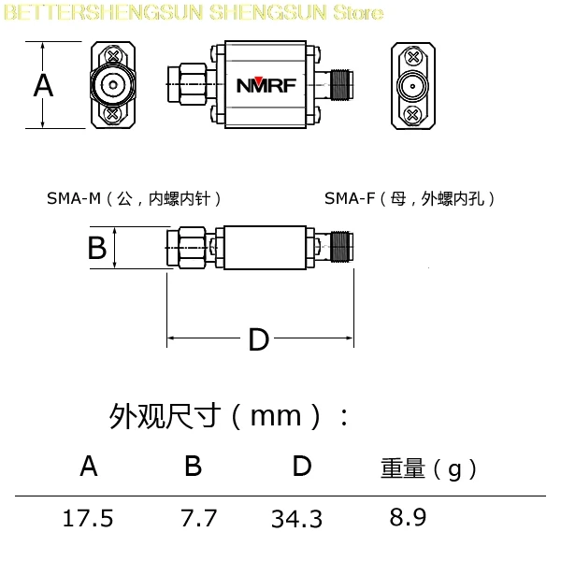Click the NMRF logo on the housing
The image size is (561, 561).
(x=266, y=85)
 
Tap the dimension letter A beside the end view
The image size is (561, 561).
(x=43, y=85)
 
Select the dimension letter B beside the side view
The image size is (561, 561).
(x=97, y=248)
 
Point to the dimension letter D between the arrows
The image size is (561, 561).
(x=258, y=339)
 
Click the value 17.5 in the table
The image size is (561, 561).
(x=88, y=518)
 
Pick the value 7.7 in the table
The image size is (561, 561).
(x=198, y=518)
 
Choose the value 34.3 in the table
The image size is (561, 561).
(x=296, y=519)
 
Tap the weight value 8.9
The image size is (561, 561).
(x=408, y=517)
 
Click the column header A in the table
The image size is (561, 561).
(x=89, y=466)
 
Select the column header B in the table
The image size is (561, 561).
(x=194, y=466)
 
